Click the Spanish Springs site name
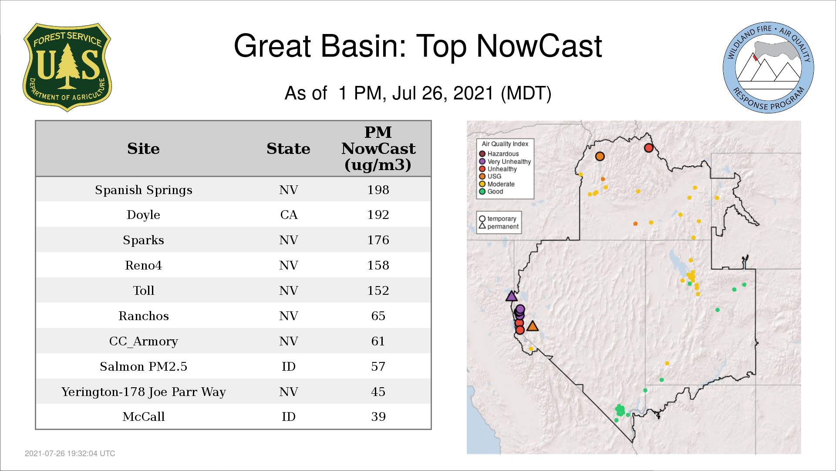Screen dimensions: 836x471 (144, 190)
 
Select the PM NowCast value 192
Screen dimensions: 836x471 (378, 215)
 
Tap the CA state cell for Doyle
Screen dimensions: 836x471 (289, 215)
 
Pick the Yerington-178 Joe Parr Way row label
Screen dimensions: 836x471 (144, 392)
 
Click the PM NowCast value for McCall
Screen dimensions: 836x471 (378, 417)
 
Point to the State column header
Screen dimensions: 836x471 (288, 149)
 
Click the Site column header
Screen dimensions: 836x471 (143, 149)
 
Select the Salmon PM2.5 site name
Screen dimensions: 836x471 (144, 366)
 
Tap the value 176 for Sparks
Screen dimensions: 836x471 (378, 240)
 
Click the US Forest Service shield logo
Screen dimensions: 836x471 (67, 67)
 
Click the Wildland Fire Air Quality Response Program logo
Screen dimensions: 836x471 (768, 68)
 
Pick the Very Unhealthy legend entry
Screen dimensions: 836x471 (505, 161)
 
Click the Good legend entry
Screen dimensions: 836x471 (491, 191)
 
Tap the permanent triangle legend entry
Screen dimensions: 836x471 (499, 226)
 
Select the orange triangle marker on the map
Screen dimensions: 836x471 (533, 326)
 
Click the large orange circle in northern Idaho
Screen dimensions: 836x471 (600, 156)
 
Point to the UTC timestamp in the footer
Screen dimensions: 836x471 (70, 454)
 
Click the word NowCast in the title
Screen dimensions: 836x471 (539, 46)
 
